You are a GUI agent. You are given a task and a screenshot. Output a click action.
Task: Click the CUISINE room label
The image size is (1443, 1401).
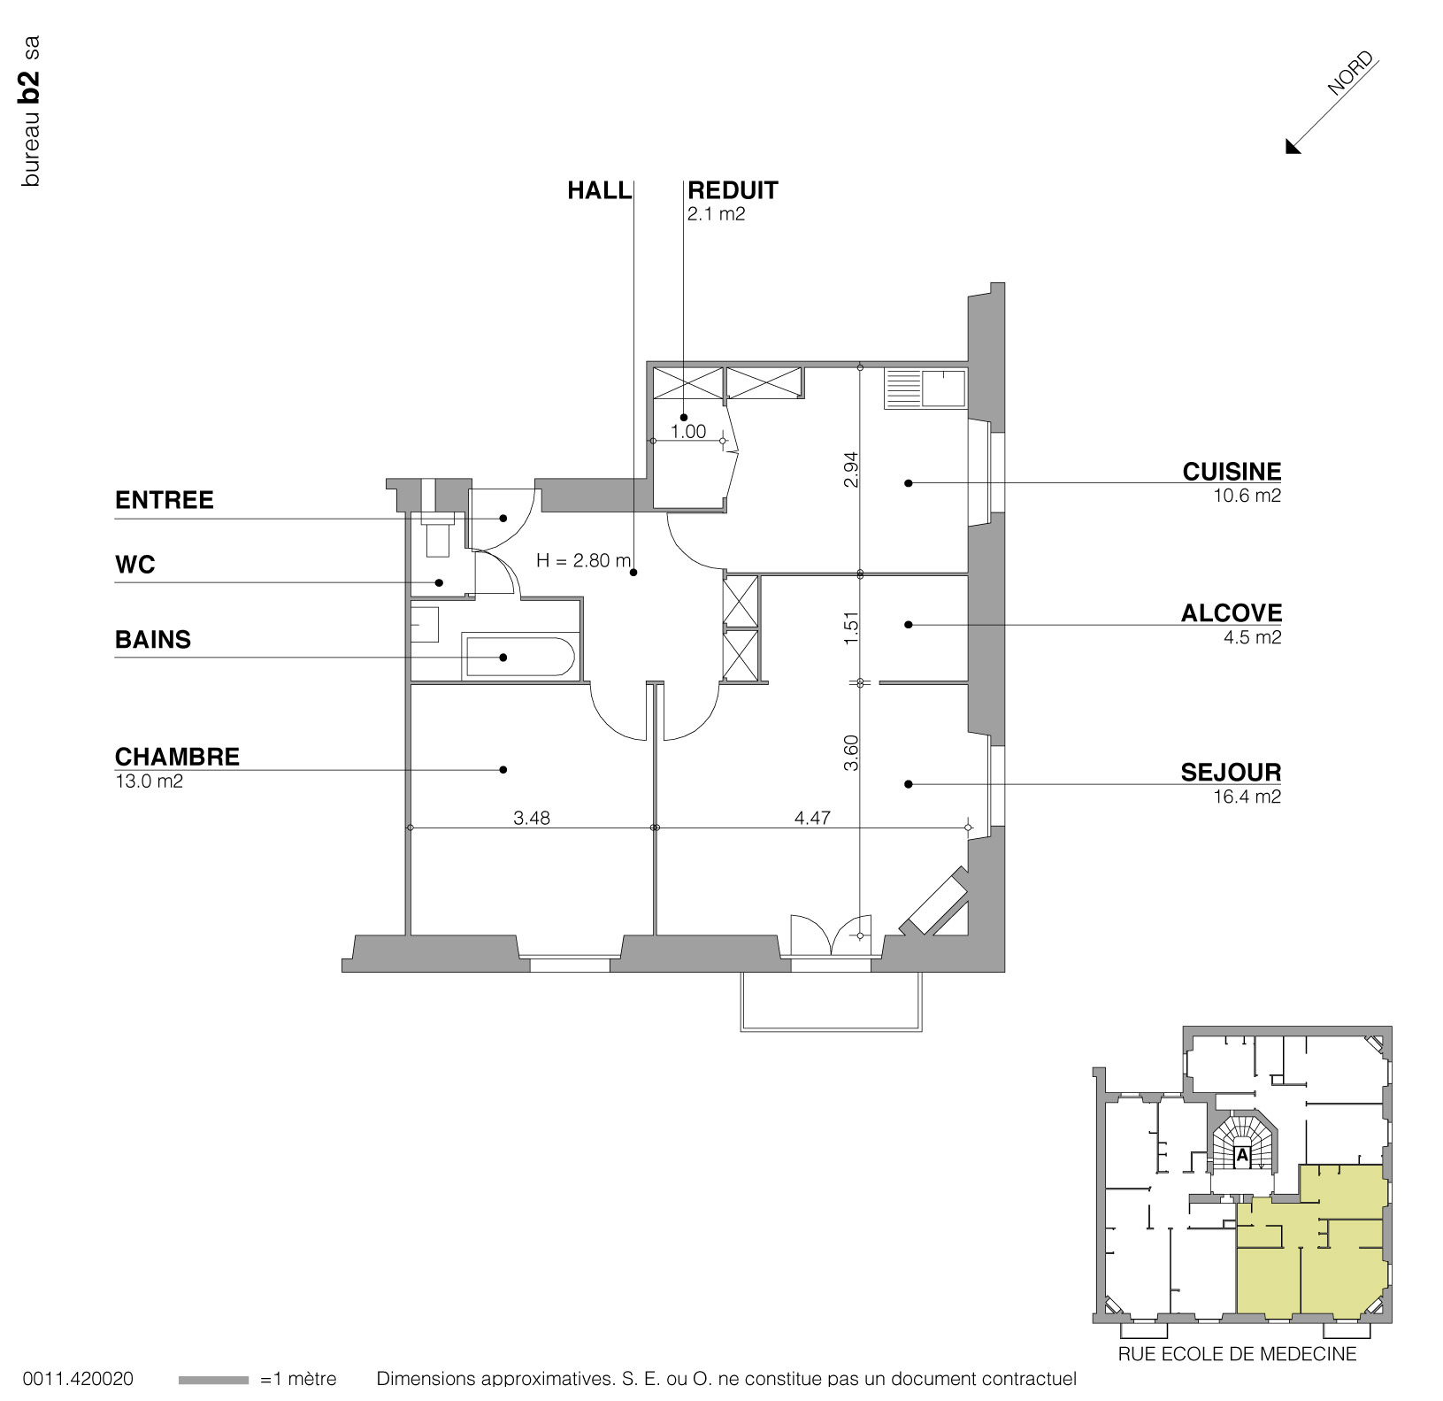1232,472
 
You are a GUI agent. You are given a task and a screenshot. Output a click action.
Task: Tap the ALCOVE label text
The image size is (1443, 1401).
1232,613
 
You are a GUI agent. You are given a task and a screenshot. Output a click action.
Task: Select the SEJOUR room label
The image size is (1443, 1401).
1232,773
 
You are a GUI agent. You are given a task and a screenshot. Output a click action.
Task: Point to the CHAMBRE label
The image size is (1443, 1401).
177,757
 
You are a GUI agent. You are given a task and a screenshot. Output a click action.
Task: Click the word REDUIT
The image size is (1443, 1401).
733,190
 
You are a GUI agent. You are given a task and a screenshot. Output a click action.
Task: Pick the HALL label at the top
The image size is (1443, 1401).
600,190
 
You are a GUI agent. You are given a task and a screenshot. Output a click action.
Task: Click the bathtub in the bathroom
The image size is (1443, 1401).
518,656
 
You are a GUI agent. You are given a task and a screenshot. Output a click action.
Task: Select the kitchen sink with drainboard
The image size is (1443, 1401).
925,389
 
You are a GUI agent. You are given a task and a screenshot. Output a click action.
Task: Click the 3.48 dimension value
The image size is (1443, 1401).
532,818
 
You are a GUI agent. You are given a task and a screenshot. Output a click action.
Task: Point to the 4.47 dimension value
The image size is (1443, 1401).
812,818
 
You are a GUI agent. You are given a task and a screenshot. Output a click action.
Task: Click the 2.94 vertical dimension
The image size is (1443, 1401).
852,470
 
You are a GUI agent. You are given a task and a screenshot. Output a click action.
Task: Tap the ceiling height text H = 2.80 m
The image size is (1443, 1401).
584,560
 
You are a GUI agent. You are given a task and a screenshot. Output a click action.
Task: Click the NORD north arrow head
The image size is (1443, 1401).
1293,146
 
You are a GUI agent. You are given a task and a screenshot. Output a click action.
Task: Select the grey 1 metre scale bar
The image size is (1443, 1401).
213,1380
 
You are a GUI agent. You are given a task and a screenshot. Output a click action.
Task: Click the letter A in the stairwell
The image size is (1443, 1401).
1241,1154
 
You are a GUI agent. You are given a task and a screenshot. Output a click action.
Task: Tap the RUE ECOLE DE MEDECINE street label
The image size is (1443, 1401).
1237,1354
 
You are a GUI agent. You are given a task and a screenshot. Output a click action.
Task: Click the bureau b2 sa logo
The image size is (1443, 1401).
31,111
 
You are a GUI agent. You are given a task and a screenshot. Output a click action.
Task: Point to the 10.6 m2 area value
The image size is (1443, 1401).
1247,496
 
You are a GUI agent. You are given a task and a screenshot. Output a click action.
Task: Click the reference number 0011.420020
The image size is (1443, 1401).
78,1379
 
